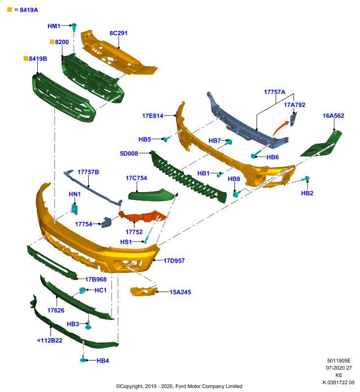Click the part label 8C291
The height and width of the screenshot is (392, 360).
[x=118, y=33]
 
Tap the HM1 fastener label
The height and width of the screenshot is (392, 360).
[x=54, y=26]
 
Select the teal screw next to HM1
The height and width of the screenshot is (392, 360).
[x=74, y=27]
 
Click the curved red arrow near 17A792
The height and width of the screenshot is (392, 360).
[x=280, y=128]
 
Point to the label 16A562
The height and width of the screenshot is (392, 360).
[x=333, y=116]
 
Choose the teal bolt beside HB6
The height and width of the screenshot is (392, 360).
[x=256, y=154]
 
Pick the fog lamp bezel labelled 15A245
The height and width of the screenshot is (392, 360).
[x=143, y=292]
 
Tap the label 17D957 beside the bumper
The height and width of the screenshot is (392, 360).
[x=174, y=261]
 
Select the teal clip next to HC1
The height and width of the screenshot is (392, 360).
[x=82, y=291]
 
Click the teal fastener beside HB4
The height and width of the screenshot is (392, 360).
[x=83, y=359]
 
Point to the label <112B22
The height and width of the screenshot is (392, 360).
[x=50, y=340]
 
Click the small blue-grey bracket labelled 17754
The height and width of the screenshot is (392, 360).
[x=106, y=222]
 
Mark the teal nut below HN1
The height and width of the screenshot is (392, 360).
[x=75, y=209]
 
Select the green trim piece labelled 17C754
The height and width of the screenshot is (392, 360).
[x=153, y=195]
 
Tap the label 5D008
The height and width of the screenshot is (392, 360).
[x=129, y=153]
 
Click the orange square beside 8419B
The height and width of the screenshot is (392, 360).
[x=26, y=58]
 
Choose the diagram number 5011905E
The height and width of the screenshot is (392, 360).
[x=339, y=361]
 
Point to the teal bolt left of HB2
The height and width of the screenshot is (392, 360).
[x=306, y=178]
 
